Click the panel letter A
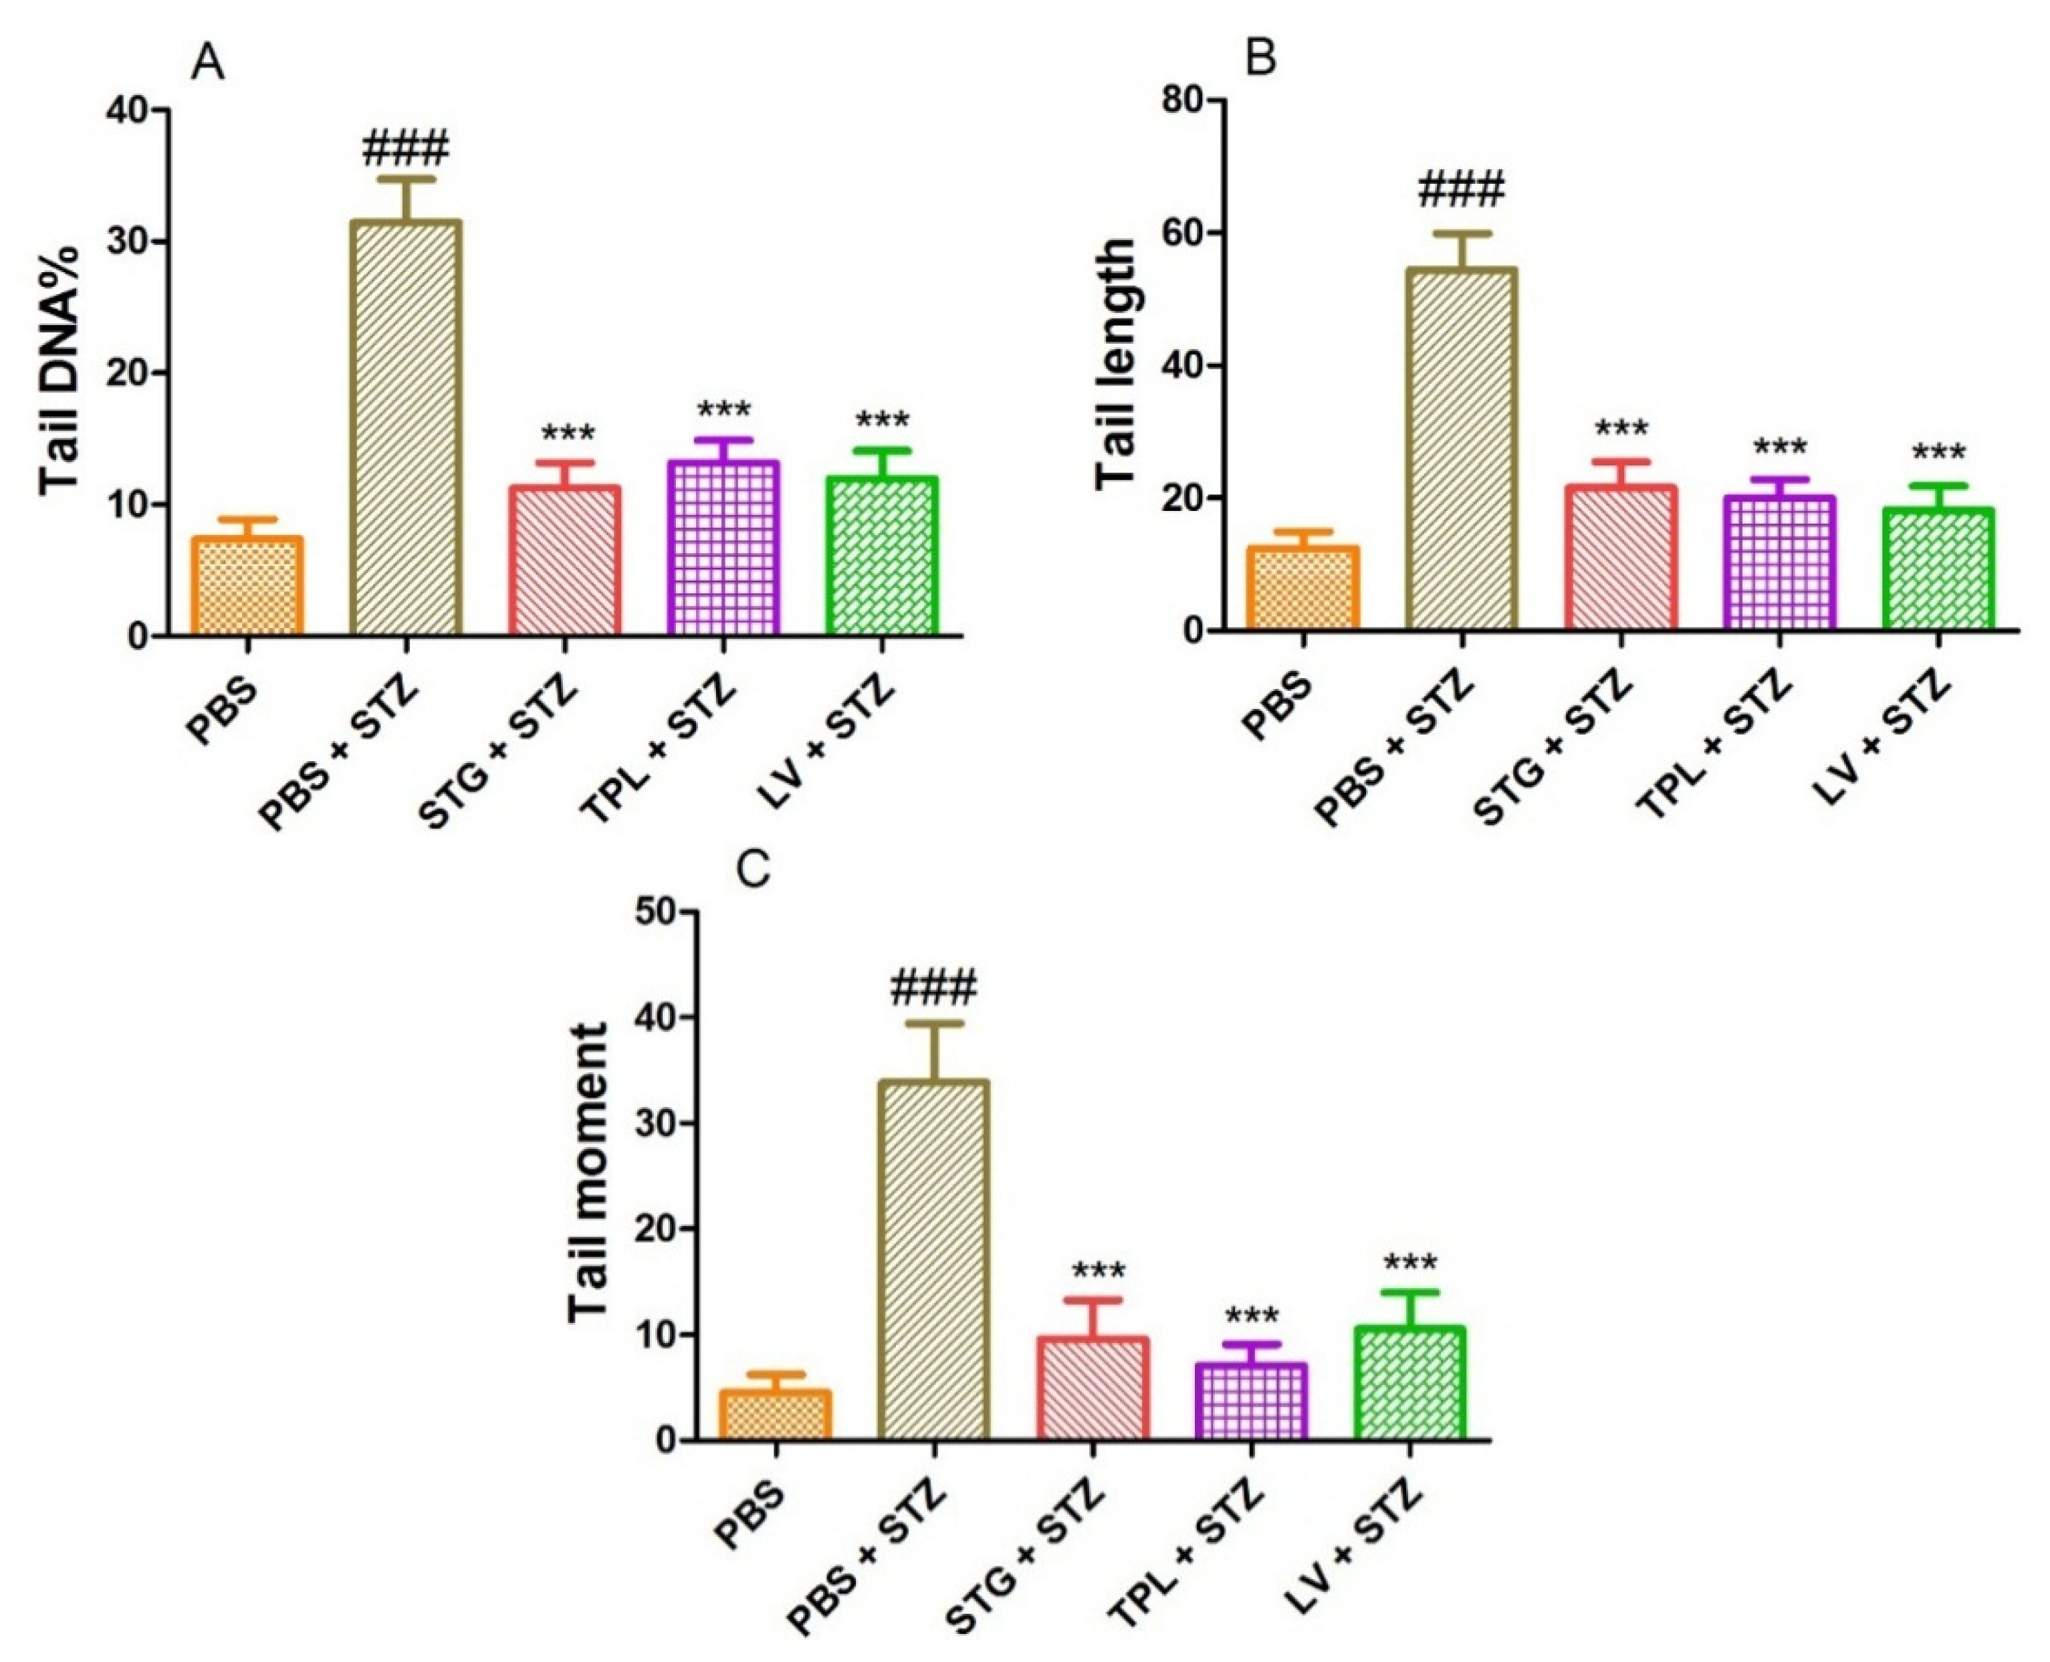pos(208,64)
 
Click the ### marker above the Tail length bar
pos(1462,189)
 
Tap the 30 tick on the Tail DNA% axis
pos(131,241)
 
